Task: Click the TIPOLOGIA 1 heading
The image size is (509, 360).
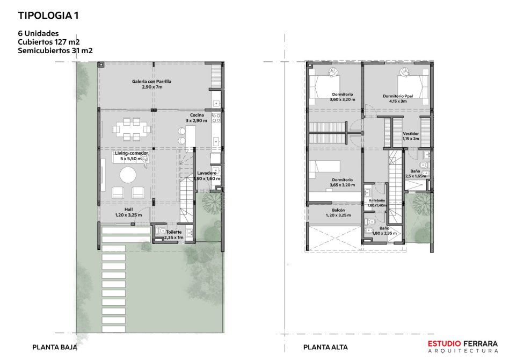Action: click(x=48, y=16)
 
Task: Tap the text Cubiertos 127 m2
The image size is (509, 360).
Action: click(x=49, y=42)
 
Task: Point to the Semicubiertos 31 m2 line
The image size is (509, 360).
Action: click(x=55, y=51)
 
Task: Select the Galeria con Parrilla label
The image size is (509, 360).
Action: click(x=151, y=84)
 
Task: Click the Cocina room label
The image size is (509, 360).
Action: click(x=197, y=118)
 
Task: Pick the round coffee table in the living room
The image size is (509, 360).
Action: click(x=128, y=175)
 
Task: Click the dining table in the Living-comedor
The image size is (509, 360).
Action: click(x=132, y=129)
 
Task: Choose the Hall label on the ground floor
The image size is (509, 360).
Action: click(x=128, y=212)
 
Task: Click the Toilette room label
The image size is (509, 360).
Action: click(x=174, y=235)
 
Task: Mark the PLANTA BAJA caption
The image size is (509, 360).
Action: click(x=55, y=347)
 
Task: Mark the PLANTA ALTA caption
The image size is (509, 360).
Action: click(x=325, y=347)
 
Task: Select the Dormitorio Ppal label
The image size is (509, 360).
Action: click(x=398, y=98)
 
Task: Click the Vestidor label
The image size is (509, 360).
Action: click(x=411, y=136)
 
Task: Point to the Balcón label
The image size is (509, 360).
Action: click(x=338, y=212)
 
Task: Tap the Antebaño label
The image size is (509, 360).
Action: click(x=377, y=203)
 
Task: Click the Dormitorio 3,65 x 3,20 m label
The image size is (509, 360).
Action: click(x=342, y=182)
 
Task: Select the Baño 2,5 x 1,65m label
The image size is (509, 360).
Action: click(x=415, y=174)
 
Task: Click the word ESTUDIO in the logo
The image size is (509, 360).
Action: click(x=444, y=343)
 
